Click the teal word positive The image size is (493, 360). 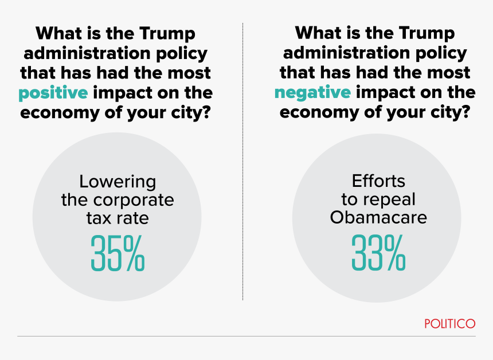(x=53, y=92)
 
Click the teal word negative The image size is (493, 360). (x=312, y=92)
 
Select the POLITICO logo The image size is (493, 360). (x=450, y=324)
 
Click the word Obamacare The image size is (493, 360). (x=378, y=218)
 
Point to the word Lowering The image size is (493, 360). (x=118, y=182)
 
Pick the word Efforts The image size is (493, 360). (x=378, y=182)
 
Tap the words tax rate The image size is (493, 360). (x=118, y=218)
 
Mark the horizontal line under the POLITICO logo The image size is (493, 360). (x=246, y=336)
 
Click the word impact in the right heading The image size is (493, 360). (x=387, y=92)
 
